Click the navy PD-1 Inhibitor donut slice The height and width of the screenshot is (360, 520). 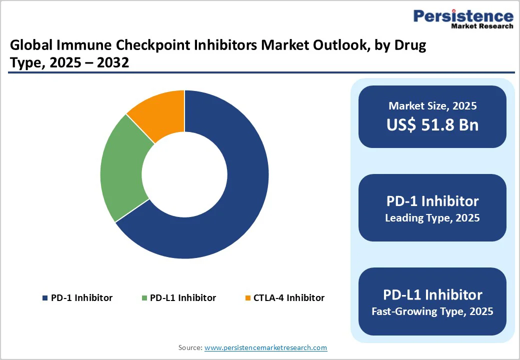tap(235, 190)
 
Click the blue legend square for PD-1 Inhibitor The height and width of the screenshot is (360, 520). tap(45, 298)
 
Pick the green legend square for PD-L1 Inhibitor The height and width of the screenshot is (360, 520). tap(144, 298)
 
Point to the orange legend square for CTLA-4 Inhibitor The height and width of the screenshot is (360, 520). tap(247, 298)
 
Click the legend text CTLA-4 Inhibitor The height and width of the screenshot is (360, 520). tap(289, 298)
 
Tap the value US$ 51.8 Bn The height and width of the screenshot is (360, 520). tap(432, 124)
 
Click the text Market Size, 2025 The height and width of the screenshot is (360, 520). tap(432, 106)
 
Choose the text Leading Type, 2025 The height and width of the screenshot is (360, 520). tap(432, 218)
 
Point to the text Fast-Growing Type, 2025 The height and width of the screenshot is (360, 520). tap(432, 311)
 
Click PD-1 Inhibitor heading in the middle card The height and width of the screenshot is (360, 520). tap(432, 201)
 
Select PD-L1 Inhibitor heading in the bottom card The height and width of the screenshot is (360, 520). tap(432, 294)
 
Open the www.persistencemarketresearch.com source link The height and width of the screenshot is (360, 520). tap(266, 347)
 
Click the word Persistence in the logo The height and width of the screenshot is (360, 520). tap(463, 16)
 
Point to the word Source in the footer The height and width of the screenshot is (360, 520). tap(190, 347)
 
